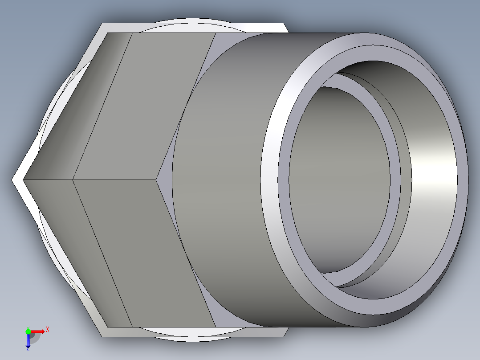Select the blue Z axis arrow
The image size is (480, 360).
tap(28, 341)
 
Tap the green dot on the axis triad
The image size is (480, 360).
tap(28, 331)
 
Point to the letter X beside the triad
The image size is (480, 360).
tap(48, 330)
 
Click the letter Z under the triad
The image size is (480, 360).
tap(28, 350)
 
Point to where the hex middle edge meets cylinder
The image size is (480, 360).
tap(159, 180)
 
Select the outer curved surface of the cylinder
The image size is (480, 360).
tap(223, 178)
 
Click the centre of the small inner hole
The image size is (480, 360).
tap(338, 178)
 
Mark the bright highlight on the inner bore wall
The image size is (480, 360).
tap(434, 178)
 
